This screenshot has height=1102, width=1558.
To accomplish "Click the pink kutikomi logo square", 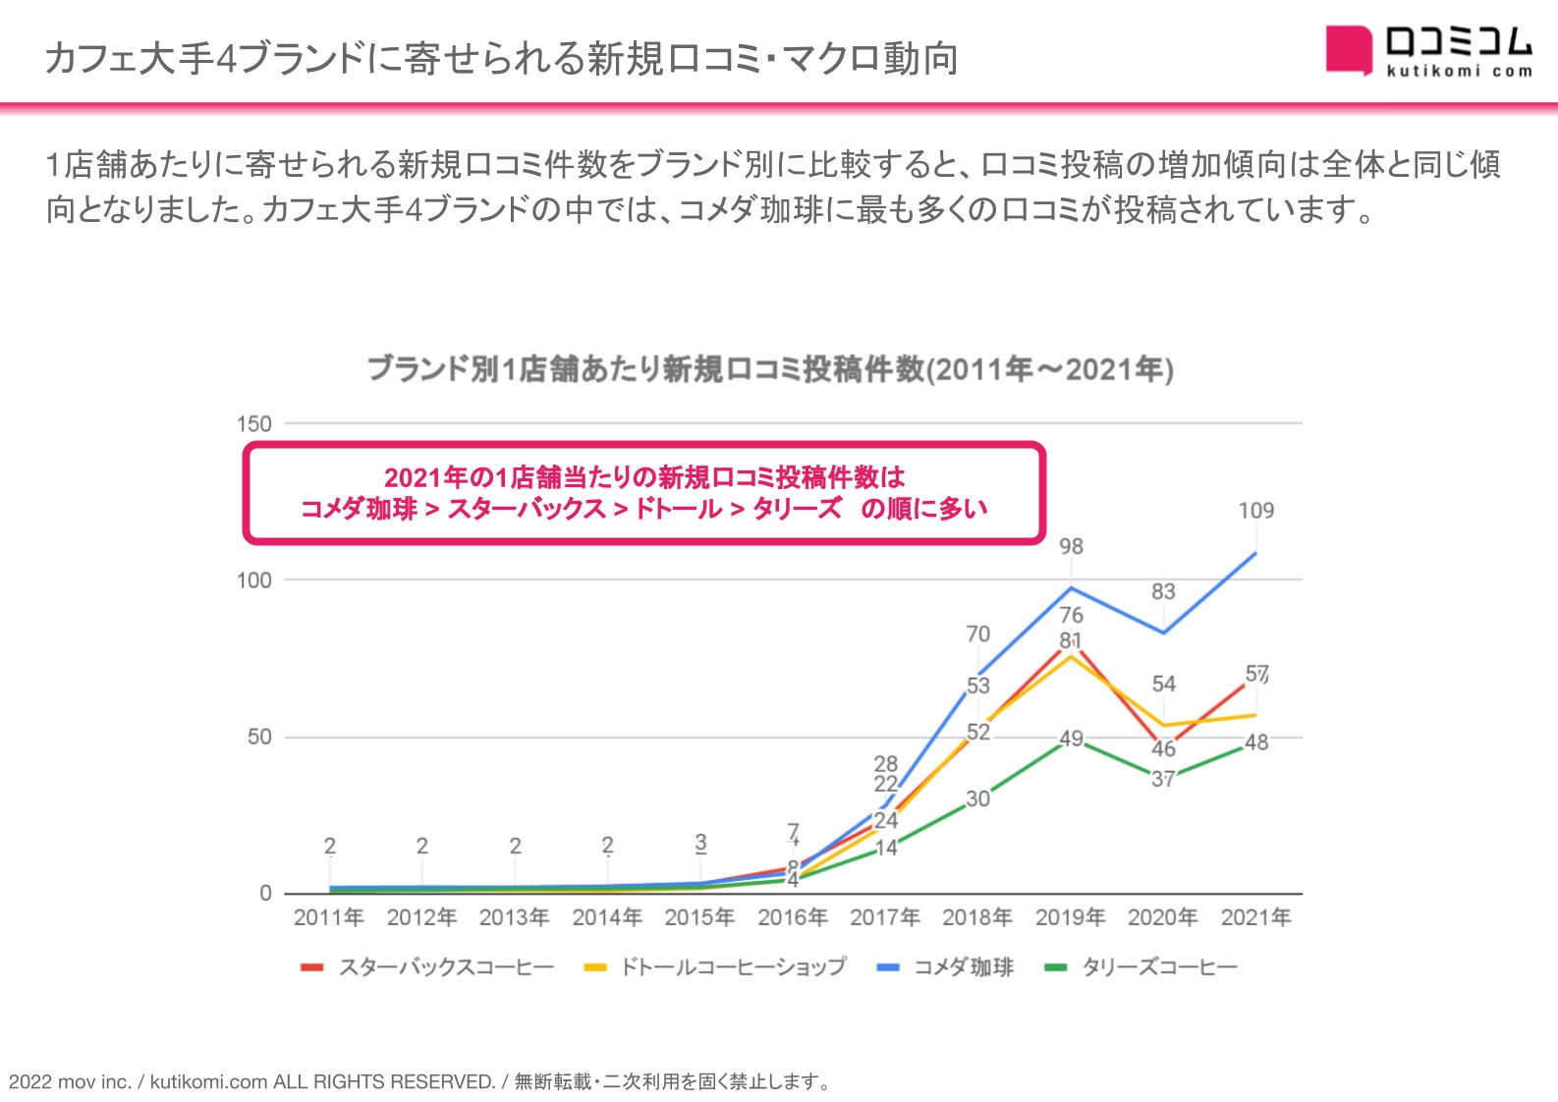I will (1348, 49).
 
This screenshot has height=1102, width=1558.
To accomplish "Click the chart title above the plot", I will (770, 369).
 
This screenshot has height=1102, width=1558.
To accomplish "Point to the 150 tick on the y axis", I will (253, 424).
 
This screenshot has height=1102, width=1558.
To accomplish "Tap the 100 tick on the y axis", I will (253, 580).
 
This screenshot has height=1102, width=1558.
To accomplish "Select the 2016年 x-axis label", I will (792, 917).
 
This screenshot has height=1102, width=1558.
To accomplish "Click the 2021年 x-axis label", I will (1255, 917).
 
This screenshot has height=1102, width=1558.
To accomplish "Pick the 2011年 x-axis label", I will (328, 917).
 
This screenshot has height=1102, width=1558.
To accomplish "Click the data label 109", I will (1255, 511).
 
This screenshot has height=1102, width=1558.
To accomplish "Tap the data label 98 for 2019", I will (1071, 546).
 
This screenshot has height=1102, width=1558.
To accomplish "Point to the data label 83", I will (1163, 591).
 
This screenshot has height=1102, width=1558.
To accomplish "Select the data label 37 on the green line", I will (1163, 779).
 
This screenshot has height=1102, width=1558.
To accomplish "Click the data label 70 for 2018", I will (977, 634).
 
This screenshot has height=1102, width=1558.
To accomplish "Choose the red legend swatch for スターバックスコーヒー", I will (311, 967).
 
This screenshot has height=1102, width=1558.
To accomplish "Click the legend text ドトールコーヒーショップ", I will (732, 967).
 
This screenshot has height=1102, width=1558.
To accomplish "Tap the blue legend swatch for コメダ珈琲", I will (887, 967).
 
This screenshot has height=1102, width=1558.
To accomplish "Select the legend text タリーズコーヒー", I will (1159, 967).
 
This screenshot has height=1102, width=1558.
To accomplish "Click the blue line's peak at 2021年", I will (1255, 553).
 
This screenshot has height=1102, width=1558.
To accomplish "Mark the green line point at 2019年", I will (1071, 741).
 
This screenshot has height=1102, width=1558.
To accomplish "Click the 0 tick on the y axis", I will (265, 894).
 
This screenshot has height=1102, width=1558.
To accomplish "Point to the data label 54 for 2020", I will (1163, 684).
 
